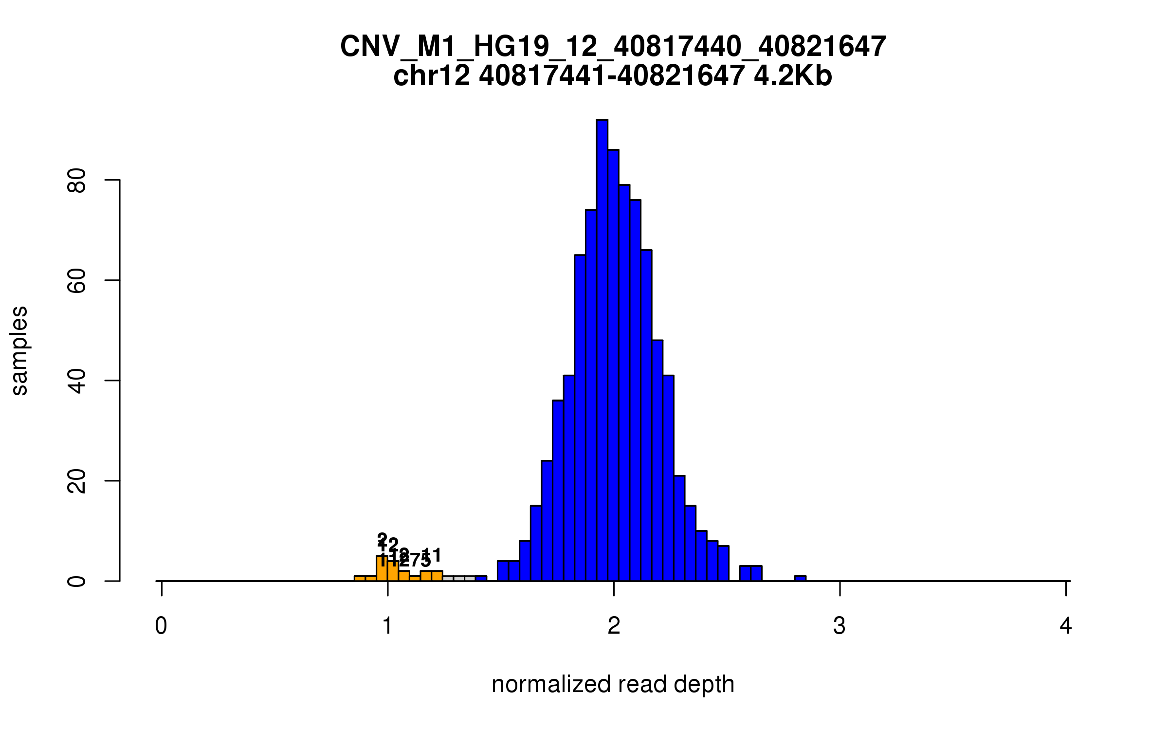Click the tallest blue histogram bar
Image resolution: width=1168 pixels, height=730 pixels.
click(x=602, y=350)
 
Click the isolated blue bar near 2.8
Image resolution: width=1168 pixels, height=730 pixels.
click(x=800, y=578)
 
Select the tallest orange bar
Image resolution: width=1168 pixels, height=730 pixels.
click(x=382, y=569)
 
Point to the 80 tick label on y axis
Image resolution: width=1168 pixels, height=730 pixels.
click(x=77, y=181)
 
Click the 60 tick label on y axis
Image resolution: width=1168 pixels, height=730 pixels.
click(x=77, y=281)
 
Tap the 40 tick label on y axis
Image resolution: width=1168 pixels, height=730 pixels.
click(x=77, y=381)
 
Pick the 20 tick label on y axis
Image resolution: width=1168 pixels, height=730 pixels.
click(x=77, y=481)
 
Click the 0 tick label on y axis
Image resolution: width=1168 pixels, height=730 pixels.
click(x=77, y=581)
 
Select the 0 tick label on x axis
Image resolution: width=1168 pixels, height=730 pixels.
click(x=161, y=626)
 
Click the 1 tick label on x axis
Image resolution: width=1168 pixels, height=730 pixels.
click(x=387, y=626)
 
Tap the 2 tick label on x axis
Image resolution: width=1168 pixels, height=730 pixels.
click(x=614, y=626)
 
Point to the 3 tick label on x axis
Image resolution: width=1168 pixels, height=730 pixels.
click(x=839, y=626)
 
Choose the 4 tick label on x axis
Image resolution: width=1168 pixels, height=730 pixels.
click(x=1066, y=626)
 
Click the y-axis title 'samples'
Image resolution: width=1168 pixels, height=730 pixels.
click(x=19, y=350)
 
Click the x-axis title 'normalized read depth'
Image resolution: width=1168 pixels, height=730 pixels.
click(x=613, y=684)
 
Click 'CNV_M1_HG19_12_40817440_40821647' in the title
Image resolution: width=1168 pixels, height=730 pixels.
click(x=613, y=47)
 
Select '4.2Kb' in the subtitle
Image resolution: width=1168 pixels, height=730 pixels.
click(x=793, y=76)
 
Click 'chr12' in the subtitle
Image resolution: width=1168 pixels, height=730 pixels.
click(x=432, y=76)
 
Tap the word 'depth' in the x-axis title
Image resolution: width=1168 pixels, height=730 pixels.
click(x=704, y=684)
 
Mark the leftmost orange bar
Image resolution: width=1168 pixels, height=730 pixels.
click(x=360, y=579)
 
